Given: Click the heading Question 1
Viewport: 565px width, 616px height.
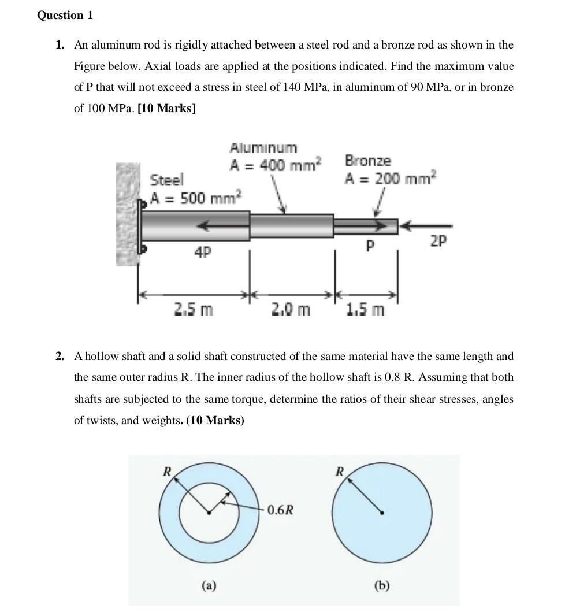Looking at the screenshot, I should click(65, 16).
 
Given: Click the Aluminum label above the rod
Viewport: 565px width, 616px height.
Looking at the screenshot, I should click(263, 148).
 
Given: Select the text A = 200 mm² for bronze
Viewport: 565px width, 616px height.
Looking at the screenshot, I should click(391, 179).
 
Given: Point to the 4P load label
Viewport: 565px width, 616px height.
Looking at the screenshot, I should click(202, 252).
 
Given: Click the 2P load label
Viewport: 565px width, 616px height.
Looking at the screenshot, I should click(438, 241).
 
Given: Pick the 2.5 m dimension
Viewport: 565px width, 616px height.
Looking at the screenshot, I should click(194, 310).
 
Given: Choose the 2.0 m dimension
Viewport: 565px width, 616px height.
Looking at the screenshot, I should click(291, 310).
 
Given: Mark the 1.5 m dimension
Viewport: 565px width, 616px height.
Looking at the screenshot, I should click(365, 310).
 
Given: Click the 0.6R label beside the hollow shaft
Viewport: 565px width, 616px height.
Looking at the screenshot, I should click(280, 510).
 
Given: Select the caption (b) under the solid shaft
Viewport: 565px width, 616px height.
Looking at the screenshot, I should click(382, 586).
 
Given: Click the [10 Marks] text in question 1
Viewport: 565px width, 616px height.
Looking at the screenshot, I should click(166, 109).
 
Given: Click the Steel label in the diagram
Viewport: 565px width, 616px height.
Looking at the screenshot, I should click(166, 180).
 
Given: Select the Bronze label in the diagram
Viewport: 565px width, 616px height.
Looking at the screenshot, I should click(367, 161).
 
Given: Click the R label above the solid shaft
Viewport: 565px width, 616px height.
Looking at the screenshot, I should click(340, 472).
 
